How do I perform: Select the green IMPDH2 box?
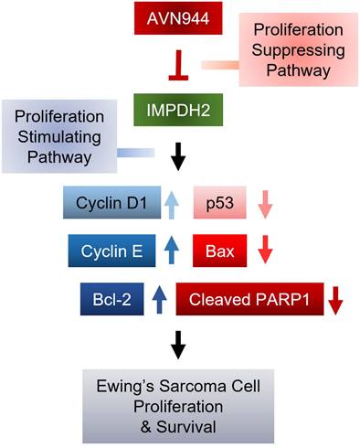point(179,113)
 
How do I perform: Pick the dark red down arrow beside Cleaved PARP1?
point(335,299)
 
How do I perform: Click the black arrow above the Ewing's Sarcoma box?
point(179,343)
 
